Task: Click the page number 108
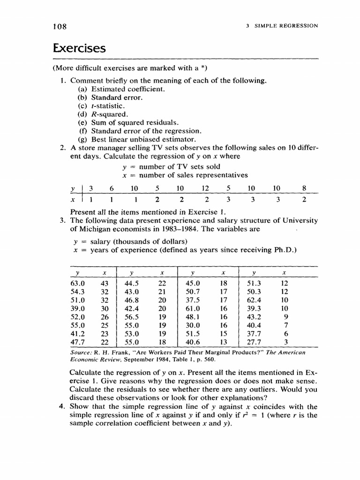pos(60,26)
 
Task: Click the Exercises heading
pos(80,48)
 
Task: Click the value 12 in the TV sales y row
pos(204,188)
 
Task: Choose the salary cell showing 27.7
pos(254,342)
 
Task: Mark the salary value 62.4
pos(254,300)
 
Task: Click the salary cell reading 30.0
pos(193,325)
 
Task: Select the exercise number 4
pos(62,406)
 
